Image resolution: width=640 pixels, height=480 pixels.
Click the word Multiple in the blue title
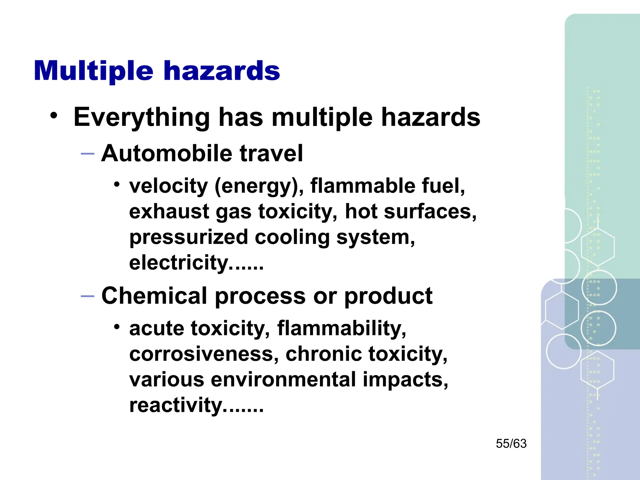pyautogui.click(x=93, y=71)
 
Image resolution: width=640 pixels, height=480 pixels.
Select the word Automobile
pyautogui.click(x=167, y=153)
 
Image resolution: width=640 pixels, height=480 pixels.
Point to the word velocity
pyautogui.click(x=168, y=186)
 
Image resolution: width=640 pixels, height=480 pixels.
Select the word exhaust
pyautogui.click(x=169, y=212)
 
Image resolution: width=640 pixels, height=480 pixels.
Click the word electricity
pyautogui.click(x=179, y=263)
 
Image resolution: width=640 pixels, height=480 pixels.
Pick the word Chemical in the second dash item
pyautogui.click(x=154, y=296)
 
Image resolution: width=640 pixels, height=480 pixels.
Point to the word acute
pyautogui.click(x=157, y=329)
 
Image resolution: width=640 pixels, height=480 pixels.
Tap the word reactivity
pyautogui.click(x=176, y=406)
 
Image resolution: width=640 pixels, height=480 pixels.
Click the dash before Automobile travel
pyautogui.click(x=87, y=154)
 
